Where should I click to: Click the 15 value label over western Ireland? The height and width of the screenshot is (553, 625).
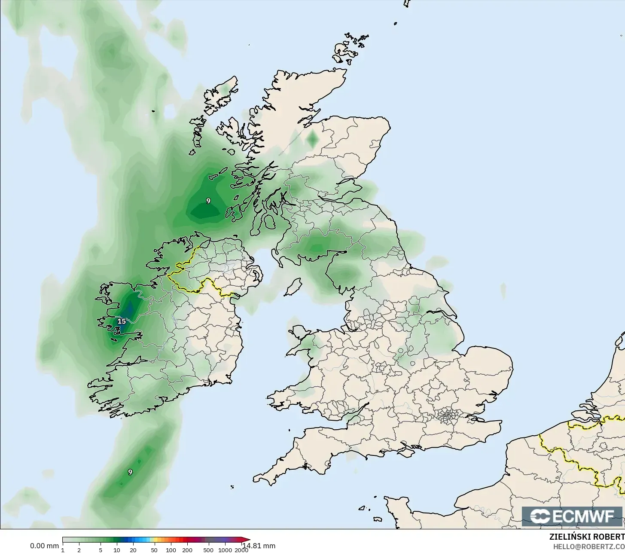122,321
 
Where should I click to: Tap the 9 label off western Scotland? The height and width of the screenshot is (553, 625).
208,201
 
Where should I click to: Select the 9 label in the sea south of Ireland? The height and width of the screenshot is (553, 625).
130,472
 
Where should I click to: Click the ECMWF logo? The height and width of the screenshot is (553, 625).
572,516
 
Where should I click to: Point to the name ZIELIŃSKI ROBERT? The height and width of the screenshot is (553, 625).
587,537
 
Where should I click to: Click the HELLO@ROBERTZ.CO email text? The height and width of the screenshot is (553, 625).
588,547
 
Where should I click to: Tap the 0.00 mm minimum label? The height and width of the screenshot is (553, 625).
44,546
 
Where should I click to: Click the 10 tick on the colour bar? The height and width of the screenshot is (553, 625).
116,550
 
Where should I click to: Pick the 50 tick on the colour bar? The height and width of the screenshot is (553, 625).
154,550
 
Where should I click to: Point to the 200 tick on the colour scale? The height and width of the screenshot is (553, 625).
187,550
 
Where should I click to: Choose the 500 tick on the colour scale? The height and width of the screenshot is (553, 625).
208,550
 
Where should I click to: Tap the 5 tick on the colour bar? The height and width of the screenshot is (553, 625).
100,550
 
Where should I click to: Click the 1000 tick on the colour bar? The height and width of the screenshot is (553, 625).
225,550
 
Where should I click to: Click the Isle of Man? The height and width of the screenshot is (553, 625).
293,287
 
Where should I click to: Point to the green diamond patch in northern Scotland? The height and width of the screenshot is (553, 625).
313,138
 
